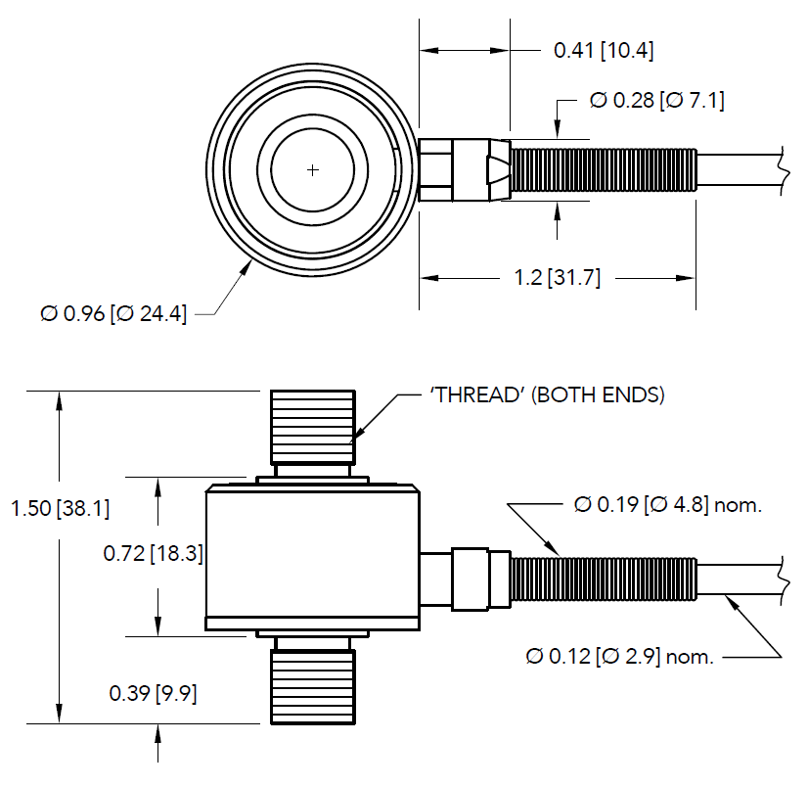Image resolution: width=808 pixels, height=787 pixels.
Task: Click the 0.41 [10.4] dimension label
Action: coord(604,50)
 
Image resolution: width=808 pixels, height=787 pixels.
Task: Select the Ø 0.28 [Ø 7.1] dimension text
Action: coord(657,101)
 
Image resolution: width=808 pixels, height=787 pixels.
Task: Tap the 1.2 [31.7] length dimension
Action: coord(557,279)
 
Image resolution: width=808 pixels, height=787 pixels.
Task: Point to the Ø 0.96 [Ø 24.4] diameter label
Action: coord(113,314)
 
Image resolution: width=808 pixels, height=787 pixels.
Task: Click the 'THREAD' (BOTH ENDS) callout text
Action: coord(547,395)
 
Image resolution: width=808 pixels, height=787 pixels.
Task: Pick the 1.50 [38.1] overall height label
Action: coord(60,509)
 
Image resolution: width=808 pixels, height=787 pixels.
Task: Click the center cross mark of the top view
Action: coord(312,170)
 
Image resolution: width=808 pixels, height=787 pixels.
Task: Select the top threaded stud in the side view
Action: coord(312,426)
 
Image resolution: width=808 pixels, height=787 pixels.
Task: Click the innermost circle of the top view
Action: coord(312,170)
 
